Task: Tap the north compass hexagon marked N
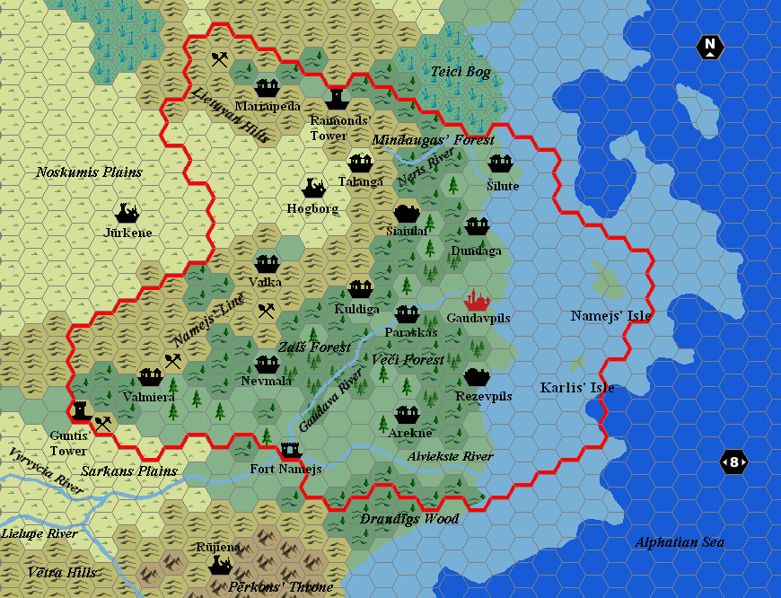[x=710, y=47]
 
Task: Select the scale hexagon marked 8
[x=734, y=462]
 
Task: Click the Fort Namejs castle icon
[x=290, y=448]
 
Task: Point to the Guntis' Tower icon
[x=79, y=409]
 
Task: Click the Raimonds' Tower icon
[x=337, y=96]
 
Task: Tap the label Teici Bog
[x=461, y=72]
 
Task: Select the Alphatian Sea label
[x=679, y=541]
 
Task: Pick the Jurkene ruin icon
[x=127, y=213]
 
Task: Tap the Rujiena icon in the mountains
[x=220, y=565]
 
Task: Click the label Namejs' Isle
[x=610, y=315]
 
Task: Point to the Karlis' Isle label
[x=577, y=388]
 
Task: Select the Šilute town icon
[x=500, y=163]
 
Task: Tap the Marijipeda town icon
[x=267, y=87]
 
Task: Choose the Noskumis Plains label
[x=89, y=171]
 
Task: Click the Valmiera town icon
[x=149, y=377]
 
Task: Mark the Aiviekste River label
[x=450, y=456]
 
